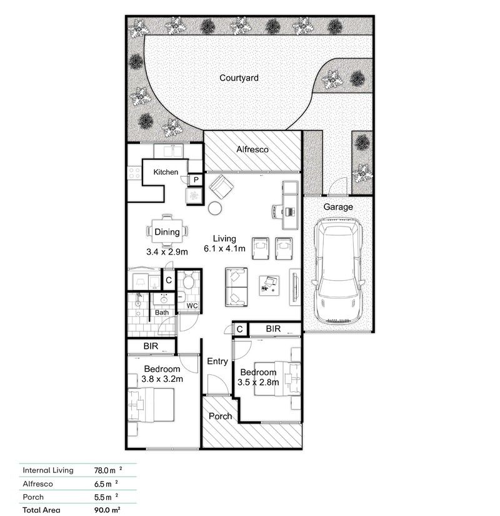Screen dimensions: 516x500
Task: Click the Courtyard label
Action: coord(239,78)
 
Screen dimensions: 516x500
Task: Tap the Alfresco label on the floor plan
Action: coord(252,150)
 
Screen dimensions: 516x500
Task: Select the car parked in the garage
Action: coord(338,271)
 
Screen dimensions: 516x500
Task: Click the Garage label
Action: coord(338,207)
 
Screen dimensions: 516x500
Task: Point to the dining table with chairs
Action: coord(167,232)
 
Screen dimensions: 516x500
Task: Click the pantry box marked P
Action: coord(196,180)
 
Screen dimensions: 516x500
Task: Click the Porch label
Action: coord(220,416)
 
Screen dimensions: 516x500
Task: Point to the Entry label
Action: coord(217,361)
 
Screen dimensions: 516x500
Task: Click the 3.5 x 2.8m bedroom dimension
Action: coord(258,382)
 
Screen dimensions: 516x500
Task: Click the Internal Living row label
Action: coord(48,470)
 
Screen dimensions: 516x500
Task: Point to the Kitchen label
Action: coord(166,172)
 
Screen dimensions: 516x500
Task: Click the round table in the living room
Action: coord(216,208)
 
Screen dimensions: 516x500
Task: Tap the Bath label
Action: coord(162,313)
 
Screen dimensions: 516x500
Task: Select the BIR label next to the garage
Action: coord(272,329)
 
